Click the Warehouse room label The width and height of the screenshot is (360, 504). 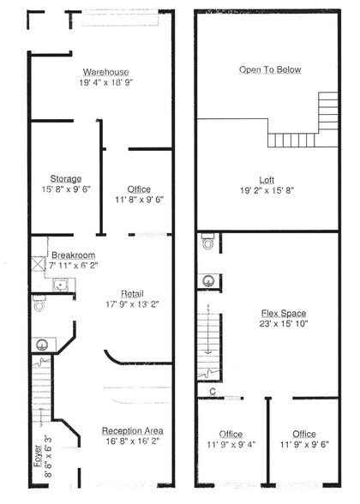pos(105,72)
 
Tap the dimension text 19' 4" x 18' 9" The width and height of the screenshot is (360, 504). pos(105,83)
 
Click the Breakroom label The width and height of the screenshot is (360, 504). pos(72,255)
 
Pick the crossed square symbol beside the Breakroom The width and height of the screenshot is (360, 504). pos(37,264)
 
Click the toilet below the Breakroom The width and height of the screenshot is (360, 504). pos(39,303)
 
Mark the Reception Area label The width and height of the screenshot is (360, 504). pos(132,430)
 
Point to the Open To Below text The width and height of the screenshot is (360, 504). pos(270,69)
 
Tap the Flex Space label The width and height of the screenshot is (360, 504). pos(284,314)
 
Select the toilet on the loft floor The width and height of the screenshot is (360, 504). pos(206,243)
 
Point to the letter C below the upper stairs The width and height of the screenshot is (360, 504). pos(211,392)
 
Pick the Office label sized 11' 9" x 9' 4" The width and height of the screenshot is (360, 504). pos(231,434)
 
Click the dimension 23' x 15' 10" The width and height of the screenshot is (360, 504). pos(284,325)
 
